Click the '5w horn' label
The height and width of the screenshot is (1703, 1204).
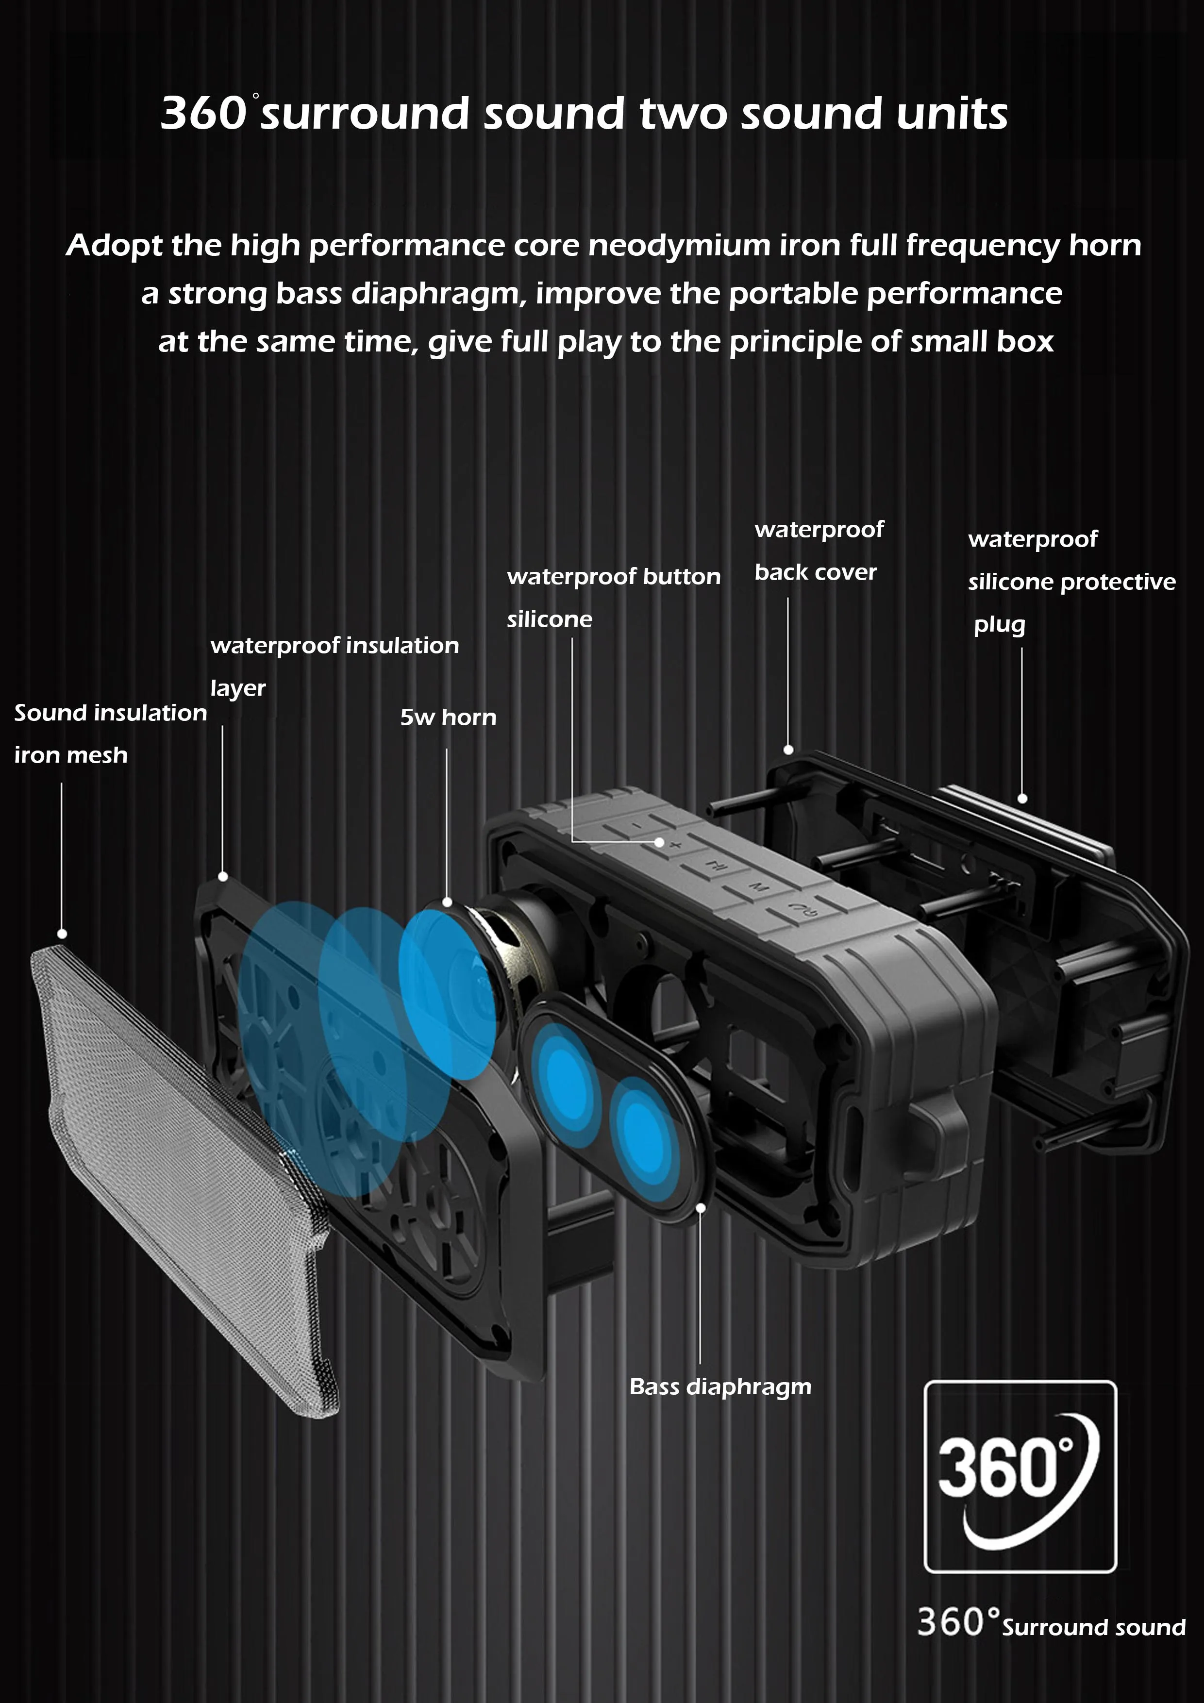point(448,717)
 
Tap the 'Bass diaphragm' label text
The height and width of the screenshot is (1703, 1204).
point(719,1386)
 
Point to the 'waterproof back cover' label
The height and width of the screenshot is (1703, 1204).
point(818,551)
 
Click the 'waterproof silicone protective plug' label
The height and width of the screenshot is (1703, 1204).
point(1070,582)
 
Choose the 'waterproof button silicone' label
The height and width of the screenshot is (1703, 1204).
point(613,597)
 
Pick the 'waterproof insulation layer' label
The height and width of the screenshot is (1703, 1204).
point(334,666)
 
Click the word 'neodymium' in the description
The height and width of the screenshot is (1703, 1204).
point(679,246)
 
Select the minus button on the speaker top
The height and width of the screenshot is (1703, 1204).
point(636,826)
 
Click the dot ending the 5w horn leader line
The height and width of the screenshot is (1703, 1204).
point(447,902)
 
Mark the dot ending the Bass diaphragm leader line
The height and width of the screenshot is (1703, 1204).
point(700,1207)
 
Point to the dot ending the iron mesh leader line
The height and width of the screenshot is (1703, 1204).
point(62,934)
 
